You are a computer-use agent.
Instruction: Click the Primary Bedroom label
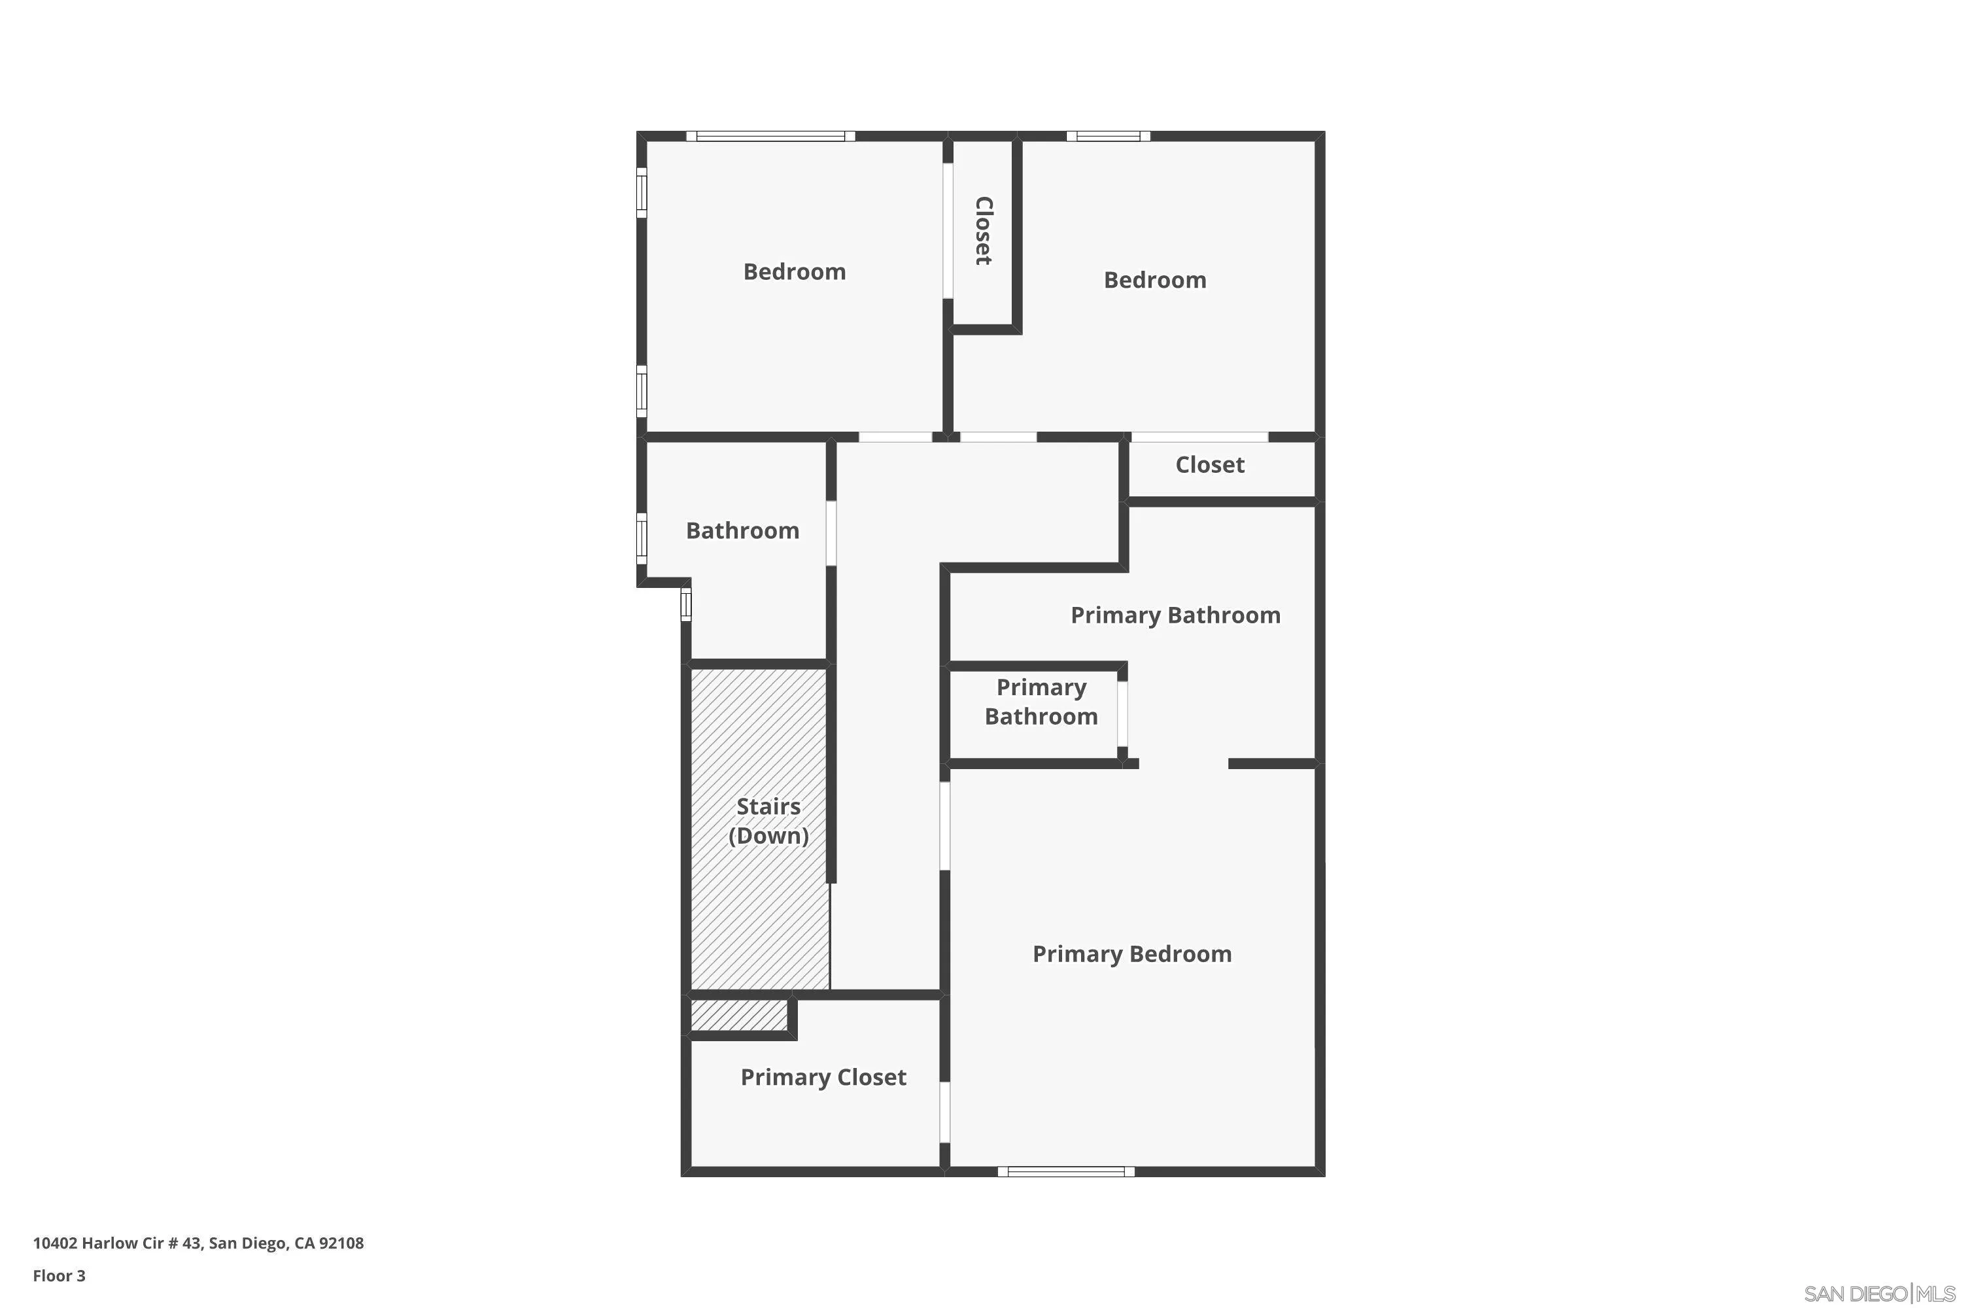1132,954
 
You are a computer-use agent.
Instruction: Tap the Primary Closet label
823,1078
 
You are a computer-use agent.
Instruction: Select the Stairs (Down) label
768,821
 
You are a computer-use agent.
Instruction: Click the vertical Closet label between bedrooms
984,231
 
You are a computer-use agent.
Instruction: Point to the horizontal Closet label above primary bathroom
1209,466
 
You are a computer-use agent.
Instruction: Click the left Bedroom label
794,272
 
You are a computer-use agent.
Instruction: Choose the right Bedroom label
1154,281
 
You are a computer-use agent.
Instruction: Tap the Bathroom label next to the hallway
742,531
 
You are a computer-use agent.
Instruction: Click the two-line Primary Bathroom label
1041,702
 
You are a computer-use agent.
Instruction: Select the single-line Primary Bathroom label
1175,615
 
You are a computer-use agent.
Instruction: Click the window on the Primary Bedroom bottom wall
1066,1171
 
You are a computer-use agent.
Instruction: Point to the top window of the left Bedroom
771,136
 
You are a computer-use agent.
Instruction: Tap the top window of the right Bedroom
1108,136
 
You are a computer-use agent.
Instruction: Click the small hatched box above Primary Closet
739,1015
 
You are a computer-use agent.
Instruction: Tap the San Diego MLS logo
1880,1294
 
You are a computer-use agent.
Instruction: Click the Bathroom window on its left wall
642,536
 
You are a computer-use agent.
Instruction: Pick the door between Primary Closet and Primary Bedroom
944,1112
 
